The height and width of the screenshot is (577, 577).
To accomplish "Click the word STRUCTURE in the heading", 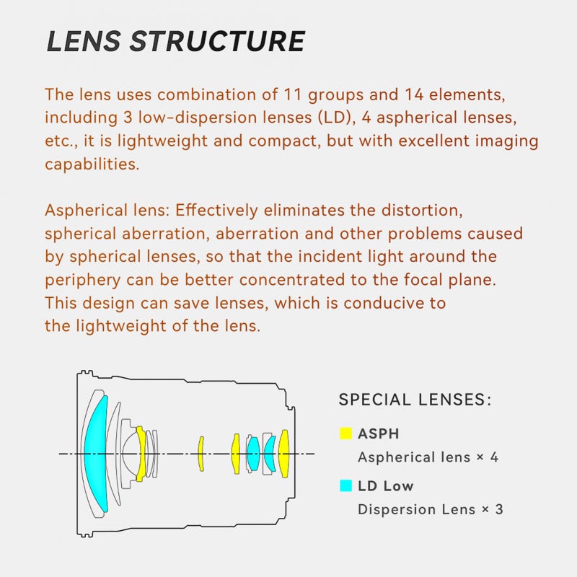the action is [x=218, y=41].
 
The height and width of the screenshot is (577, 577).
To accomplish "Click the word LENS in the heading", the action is [x=84, y=41].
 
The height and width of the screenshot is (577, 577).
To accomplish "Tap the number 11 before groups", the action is [x=293, y=94].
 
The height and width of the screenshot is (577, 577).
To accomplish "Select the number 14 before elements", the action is [x=414, y=94].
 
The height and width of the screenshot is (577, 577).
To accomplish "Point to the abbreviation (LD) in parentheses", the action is [x=335, y=118].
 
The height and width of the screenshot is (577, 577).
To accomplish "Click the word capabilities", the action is [x=92, y=164].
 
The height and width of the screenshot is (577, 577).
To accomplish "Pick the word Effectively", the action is [x=217, y=211].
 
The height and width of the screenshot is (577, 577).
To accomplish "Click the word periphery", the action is [x=83, y=281].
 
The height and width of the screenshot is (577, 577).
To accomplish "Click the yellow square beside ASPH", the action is [x=346, y=433].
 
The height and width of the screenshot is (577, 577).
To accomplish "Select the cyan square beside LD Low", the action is [x=346, y=485].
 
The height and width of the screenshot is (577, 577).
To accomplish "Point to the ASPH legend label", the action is [x=378, y=434].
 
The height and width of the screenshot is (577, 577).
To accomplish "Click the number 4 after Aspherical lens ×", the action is [x=494, y=457].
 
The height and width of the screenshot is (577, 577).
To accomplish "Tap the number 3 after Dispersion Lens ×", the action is [x=499, y=510].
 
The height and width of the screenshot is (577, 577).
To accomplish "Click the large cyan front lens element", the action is [x=95, y=454].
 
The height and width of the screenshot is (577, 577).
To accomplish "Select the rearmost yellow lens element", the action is [x=283, y=454].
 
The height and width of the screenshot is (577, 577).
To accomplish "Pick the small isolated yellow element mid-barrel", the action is [x=201, y=454].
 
